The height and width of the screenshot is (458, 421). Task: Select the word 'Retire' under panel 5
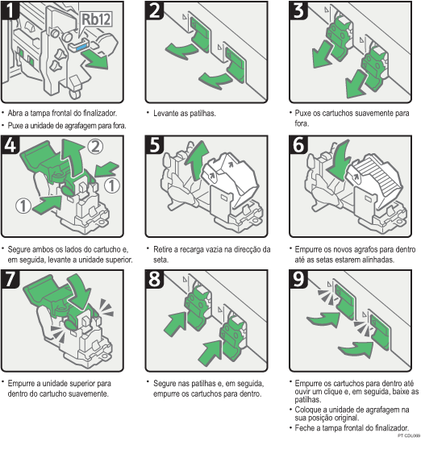coord(164,249)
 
